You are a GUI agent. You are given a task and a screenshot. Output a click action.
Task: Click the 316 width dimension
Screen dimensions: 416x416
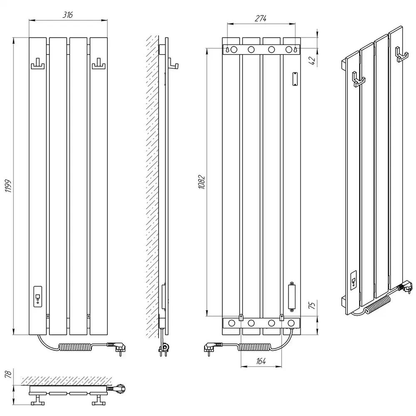tap(67, 15)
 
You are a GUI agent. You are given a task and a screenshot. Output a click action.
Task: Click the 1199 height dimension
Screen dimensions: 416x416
tap(8, 186)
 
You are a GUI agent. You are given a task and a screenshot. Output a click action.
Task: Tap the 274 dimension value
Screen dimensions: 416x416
tap(260, 19)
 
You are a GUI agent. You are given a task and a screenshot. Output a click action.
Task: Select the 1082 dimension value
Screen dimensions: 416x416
tap(202, 182)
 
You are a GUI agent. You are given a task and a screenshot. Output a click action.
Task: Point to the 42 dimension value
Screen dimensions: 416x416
tap(313, 61)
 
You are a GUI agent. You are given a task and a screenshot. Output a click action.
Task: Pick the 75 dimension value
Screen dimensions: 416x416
tap(312, 305)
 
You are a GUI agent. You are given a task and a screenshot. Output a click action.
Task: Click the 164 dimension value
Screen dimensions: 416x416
tap(261, 361)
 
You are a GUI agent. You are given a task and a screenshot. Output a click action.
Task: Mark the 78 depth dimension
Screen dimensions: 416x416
tap(8, 374)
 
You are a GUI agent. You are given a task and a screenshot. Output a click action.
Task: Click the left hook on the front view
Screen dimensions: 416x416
tap(38, 64)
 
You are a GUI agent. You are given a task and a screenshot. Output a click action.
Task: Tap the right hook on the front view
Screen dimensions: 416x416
tap(99, 64)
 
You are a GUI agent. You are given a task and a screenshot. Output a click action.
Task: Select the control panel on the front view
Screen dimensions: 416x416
tap(38, 296)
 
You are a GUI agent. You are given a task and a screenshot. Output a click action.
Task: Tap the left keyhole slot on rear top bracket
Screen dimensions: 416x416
tap(228, 50)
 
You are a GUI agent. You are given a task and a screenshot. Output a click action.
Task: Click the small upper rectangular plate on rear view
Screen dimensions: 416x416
tap(295, 79)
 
